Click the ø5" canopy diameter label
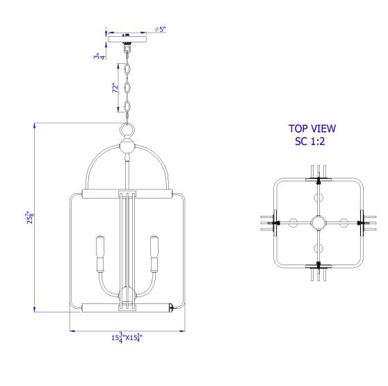161,29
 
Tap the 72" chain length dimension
115,87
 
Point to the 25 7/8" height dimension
30,217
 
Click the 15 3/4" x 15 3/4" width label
127,337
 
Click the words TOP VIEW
312,128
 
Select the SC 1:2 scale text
310,142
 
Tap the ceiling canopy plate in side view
127,39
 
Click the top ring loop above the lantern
127,130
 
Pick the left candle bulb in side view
100,254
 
